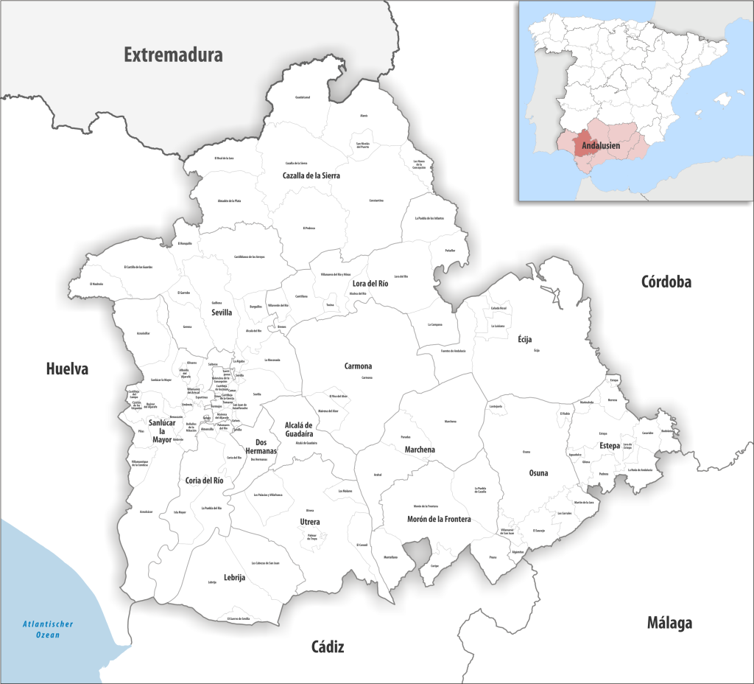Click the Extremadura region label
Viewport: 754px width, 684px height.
[x=173, y=54]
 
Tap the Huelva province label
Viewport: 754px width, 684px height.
[x=67, y=369]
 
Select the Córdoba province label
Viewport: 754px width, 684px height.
[x=666, y=282]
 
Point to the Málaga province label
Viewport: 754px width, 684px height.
[x=669, y=623]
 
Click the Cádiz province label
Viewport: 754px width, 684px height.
[x=328, y=647]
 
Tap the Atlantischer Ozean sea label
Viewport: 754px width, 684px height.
[x=48, y=629]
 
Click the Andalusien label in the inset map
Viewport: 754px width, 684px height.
[x=601, y=146]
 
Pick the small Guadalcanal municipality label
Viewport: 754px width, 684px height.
[x=303, y=97]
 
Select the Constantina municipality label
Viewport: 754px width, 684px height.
[x=376, y=200]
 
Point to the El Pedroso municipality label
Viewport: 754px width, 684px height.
[x=309, y=228]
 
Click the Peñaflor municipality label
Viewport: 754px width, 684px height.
[x=450, y=250]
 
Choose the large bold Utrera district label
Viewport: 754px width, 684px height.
[x=310, y=522]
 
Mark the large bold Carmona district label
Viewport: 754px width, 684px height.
[x=358, y=366]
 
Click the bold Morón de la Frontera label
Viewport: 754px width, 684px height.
[x=439, y=519]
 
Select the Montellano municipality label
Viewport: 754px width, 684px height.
[x=390, y=557]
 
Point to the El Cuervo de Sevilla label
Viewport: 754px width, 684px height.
[x=244, y=618]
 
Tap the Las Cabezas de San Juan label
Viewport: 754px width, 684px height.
[x=265, y=563]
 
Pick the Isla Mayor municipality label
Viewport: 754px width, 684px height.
[x=180, y=512]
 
